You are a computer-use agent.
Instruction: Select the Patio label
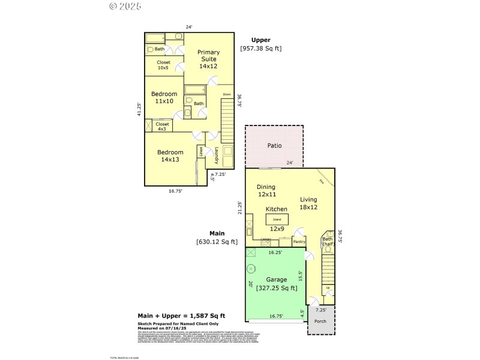[274, 145]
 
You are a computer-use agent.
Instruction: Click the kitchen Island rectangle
[277, 219]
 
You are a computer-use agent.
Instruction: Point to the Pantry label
[299, 242]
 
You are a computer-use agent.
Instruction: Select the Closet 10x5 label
[163, 65]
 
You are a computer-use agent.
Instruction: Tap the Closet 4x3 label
[162, 126]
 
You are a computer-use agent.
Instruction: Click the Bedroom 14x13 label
[170, 156]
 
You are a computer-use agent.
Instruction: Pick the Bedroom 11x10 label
[164, 97]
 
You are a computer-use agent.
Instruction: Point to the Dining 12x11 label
[266, 190]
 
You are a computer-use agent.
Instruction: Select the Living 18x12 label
[308, 203]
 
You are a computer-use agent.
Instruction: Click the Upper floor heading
[260, 40]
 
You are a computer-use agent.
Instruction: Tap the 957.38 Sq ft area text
[260, 48]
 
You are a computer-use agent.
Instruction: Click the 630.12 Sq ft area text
[217, 242]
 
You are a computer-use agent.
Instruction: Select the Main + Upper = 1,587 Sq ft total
[181, 315]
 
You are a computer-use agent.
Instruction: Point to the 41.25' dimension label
[139, 109]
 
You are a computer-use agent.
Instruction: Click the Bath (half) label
[328, 241]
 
